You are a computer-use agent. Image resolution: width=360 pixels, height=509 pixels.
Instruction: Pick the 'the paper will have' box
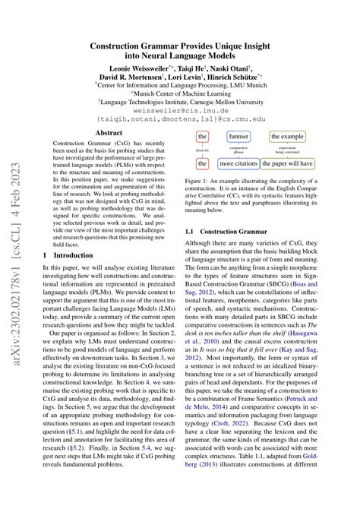pyautogui.click(x=292, y=163)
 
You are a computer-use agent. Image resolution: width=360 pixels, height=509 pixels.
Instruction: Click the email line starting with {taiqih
pyautogui.click(x=180, y=119)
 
